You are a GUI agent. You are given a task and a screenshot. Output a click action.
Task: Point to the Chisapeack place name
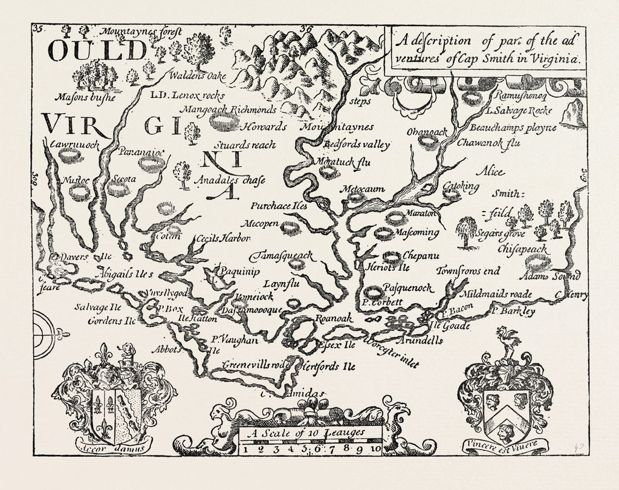coord(522,249)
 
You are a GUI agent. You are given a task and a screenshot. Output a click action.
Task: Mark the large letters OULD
coord(97,52)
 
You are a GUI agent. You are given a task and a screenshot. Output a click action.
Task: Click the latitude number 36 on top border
coord(307,28)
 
